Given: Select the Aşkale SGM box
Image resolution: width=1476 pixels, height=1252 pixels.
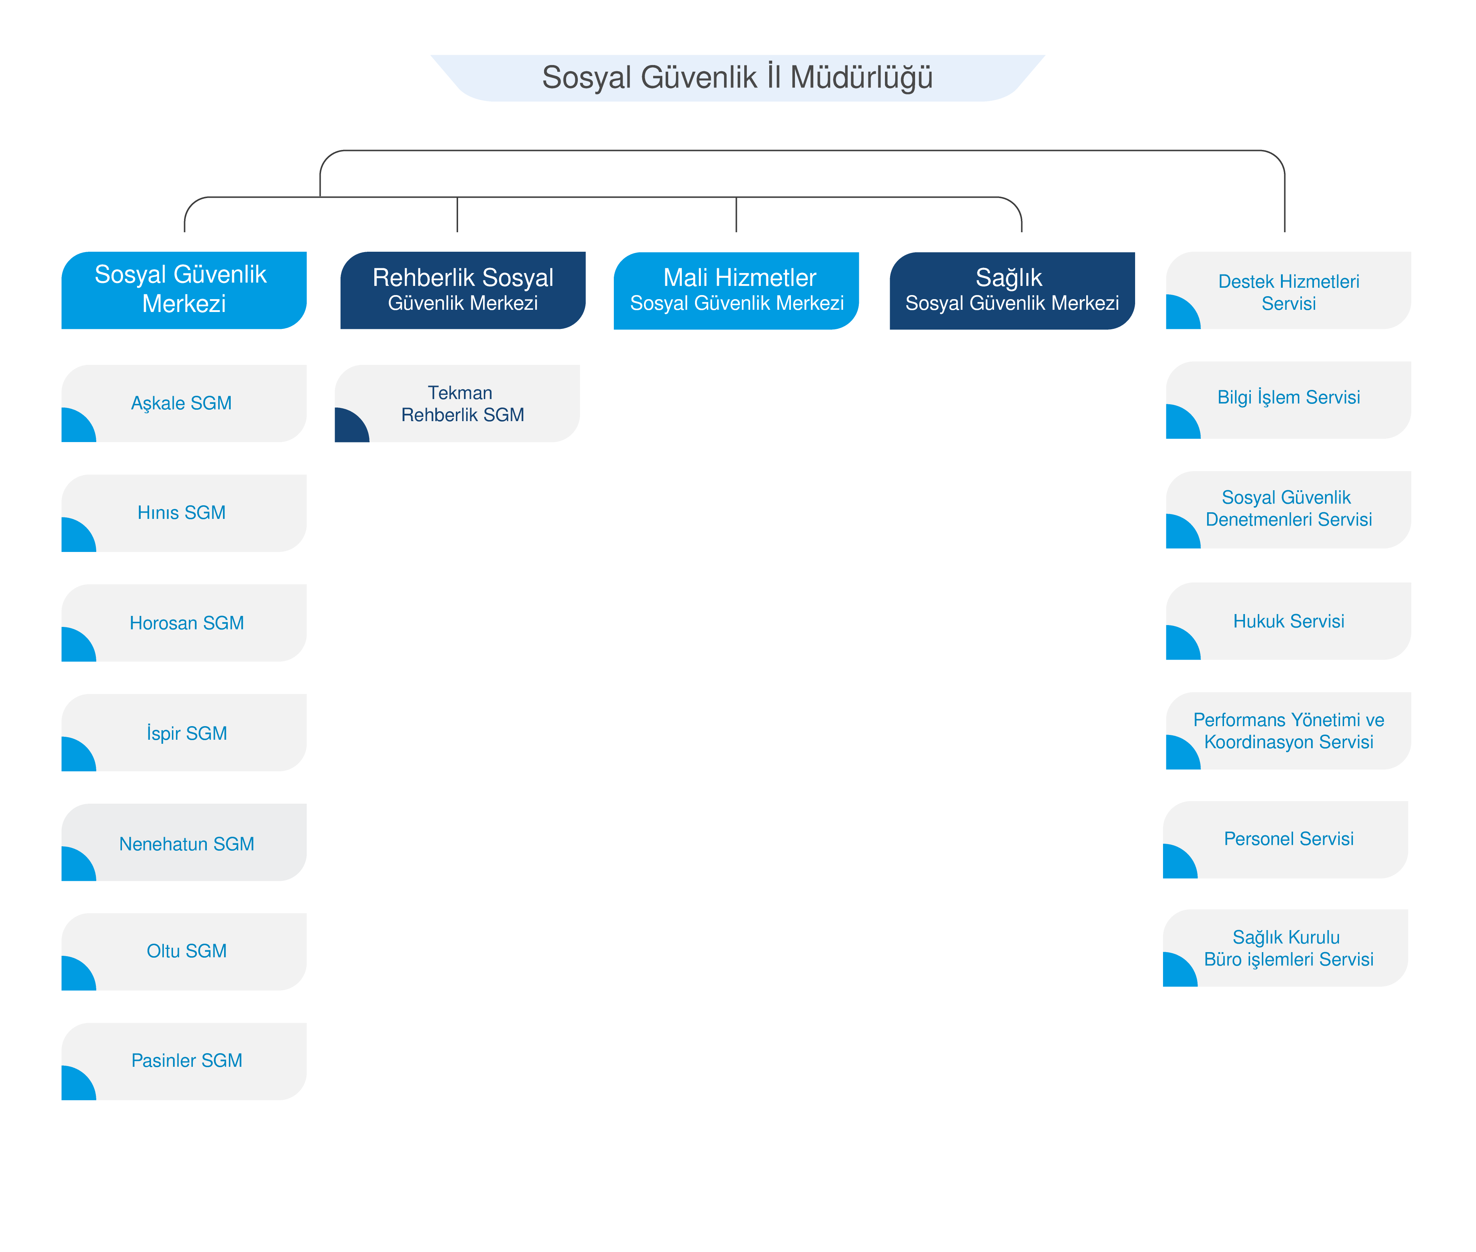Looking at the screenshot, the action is pos(184,403).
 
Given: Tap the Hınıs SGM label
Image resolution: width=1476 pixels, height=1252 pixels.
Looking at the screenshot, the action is pos(182,512).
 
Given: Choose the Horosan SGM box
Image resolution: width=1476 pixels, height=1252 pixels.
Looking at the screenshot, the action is pos(184,623).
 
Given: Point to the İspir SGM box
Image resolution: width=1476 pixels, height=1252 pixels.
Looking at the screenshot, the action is pos(184,732).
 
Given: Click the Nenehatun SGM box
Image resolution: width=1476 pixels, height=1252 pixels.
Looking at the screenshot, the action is pos(184,843).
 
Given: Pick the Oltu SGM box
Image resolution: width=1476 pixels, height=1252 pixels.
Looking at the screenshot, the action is pos(184,952).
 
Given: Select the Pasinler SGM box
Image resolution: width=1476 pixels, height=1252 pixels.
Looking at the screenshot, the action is pos(184,1062).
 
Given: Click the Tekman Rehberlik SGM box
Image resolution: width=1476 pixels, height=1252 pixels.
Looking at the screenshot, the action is pos(457,403).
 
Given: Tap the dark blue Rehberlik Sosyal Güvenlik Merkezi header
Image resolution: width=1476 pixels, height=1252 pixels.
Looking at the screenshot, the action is pos(462,290).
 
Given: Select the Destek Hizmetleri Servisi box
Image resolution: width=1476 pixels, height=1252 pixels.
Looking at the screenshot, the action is pos(1288,290).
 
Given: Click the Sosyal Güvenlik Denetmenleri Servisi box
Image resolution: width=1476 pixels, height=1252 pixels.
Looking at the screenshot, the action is pos(1288,510).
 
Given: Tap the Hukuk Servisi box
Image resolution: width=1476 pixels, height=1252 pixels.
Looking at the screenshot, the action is pos(1288,621).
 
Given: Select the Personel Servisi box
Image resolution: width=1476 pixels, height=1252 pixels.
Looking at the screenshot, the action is pos(1285,840).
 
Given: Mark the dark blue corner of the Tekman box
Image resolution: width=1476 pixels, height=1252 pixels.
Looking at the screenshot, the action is pos(349,427).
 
